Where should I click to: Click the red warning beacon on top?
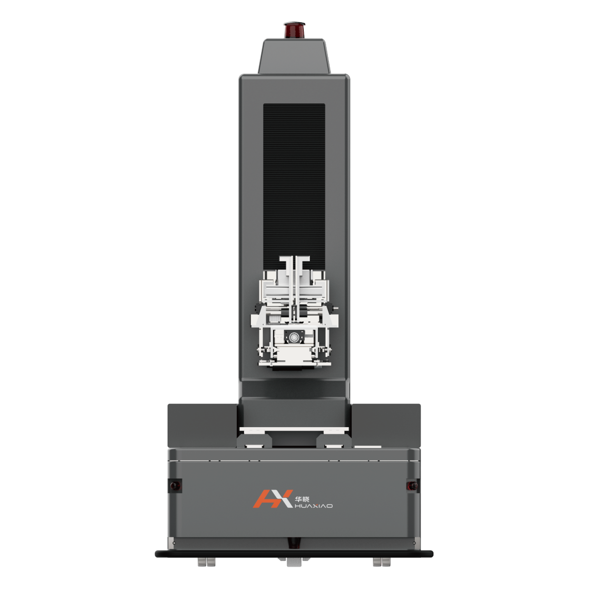(x=294, y=30)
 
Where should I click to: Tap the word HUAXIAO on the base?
(x=313, y=506)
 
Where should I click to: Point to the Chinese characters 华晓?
(x=302, y=499)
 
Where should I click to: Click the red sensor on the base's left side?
(x=175, y=486)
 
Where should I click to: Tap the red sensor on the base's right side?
(x=412, y=485)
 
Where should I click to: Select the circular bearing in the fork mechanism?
(x=294, y=337)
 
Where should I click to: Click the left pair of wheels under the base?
(x=206, y=562)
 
